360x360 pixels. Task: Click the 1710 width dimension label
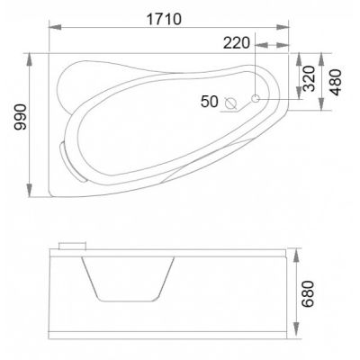pos(164,20)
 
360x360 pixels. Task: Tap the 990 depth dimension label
pos(22,117)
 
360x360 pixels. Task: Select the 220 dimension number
pos(237,43)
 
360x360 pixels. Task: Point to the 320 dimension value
pos(309,78)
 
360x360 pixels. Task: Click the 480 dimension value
pos(335,82)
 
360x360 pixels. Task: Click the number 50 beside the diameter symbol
pos(210,101)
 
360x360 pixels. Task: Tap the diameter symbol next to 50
pos(231,103)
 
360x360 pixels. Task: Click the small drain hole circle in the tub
pos(256,98)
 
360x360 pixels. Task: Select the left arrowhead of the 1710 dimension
pos(55,27)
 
